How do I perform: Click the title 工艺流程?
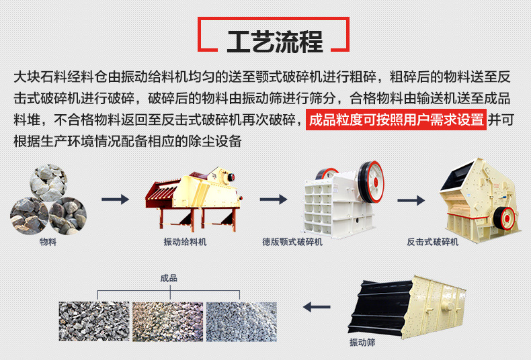click(275, 42)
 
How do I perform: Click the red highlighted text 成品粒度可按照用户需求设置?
click(396, 120)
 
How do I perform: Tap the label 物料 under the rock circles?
click(48, 242)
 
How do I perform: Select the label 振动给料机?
click(185, 242)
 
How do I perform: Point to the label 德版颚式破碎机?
click(292, 242)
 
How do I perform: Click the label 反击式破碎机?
click(432, 242)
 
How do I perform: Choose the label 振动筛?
click(362, 343)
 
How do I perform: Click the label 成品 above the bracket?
click(169, 278)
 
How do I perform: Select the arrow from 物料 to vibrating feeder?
click(116, 199)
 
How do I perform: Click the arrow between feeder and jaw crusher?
click(274, 199)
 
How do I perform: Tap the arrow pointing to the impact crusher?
click(411, 200)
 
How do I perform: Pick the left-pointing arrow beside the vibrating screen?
click(317, 307)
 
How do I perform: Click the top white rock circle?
click(48, 183)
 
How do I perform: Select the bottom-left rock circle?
click(29, 216)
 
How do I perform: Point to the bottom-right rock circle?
click(68, 216)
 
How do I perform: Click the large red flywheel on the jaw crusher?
click(371, 182)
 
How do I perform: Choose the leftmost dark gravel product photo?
click(94, 322)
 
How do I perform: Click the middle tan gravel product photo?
click(167, 322)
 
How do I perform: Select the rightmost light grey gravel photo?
click(241, 322)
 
